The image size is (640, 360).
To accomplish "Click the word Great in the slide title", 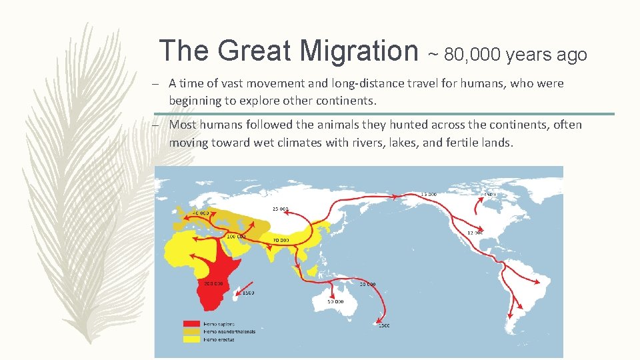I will tap(254, 51).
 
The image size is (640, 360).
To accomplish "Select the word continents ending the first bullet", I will tap(350, 101).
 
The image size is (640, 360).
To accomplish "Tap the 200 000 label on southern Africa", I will tap(213, 283).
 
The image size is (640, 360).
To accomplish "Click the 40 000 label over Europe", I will tap(200, 213).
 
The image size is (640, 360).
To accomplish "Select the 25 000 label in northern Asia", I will tap(280, 209).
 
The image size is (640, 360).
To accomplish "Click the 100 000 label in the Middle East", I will tap(236, 237).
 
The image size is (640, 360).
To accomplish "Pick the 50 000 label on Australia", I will tap(335, 301).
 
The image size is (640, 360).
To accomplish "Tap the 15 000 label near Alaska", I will tap(429, 195).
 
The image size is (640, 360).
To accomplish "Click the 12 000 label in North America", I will tap(475, 233).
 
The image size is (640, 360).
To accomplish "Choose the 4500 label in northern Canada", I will tap(489, 195).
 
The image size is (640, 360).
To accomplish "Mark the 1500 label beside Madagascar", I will tap(248, 293).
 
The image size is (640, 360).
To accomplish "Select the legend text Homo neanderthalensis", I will tap(229, 331).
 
